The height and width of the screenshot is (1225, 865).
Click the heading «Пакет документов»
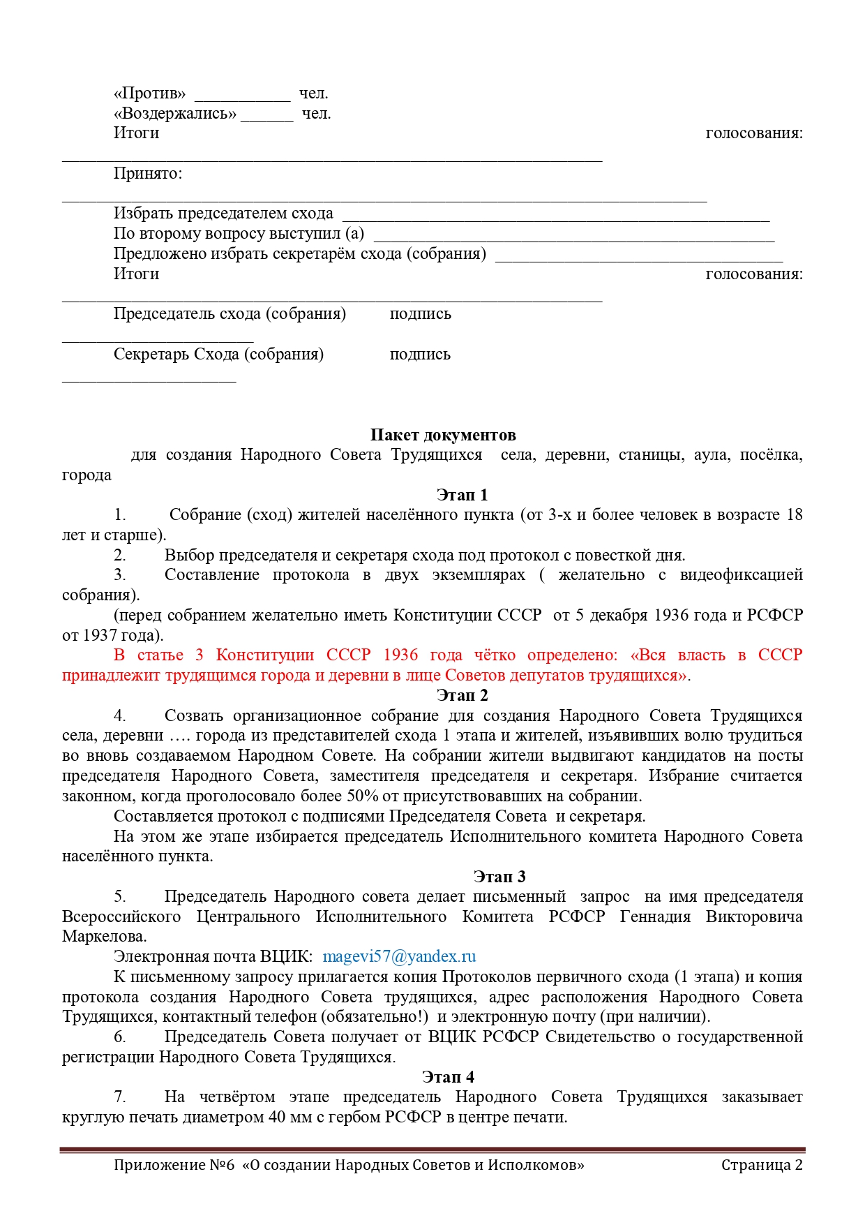pyautogui.click(x=443, y=435)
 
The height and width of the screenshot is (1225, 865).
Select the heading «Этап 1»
pyautogui.click(x=462, y=495)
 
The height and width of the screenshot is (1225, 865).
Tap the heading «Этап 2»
pyautogui.click(x=462, y=695)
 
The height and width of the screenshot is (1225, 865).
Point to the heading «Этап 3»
pyautogui.click(x=499, y=877)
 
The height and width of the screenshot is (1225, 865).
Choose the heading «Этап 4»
pyautogui.click(x=448, y=1077)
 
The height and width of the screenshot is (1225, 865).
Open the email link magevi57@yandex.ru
pyautogui.click(x=399, y=956)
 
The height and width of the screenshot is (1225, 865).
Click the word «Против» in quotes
pyautogui.click(x=150, y=94)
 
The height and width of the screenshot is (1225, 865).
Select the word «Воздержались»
pyautogui.click(x=175, y=114)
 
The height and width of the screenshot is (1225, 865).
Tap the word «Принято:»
pyautogui.click(x=148, y=174)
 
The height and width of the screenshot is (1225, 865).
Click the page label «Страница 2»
pyautogui.click(x=762, y=1165)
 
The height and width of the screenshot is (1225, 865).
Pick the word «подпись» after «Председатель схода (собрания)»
pyautogui.click(x=420, y=314)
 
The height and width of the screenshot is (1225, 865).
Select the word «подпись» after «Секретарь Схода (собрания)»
pyautogui.click(x=420, y=355)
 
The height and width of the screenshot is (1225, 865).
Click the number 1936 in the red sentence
pyautogui.click(x=400, y=655)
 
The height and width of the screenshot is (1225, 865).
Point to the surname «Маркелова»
pyautogui.click(x=104, y=937)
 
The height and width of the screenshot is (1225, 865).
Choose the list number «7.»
pyautogui.click(x=120, y=1097)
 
